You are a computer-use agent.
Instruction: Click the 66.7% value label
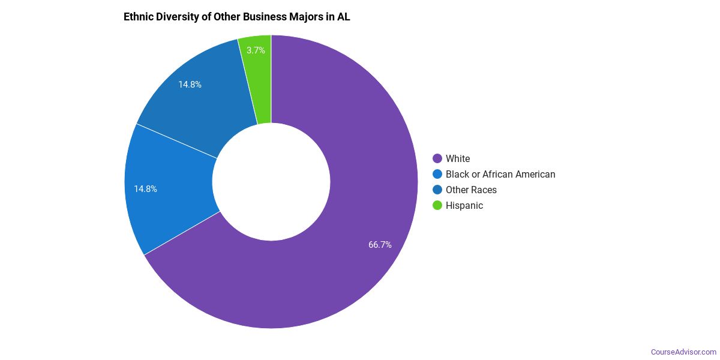coord(380,245)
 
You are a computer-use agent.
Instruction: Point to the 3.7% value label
coord(256,50)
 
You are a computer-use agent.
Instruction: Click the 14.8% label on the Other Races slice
coord(190,85)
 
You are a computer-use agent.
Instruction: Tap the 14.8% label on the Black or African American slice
coord(145,189)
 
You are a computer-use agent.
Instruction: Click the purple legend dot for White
coord(437,158)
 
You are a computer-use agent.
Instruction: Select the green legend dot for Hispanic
coord(437,205)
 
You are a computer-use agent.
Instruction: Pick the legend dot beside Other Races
coord(437,190)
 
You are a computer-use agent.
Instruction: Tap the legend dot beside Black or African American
coord(437,174)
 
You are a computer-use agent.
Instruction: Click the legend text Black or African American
coord(500,174)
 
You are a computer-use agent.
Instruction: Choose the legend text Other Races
coord(471,190)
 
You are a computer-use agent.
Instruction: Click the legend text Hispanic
coord(464,205)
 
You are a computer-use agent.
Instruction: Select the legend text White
coord(458,158)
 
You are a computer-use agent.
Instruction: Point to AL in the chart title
coord(343,17)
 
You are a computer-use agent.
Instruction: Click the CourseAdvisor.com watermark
coord(683,352)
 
